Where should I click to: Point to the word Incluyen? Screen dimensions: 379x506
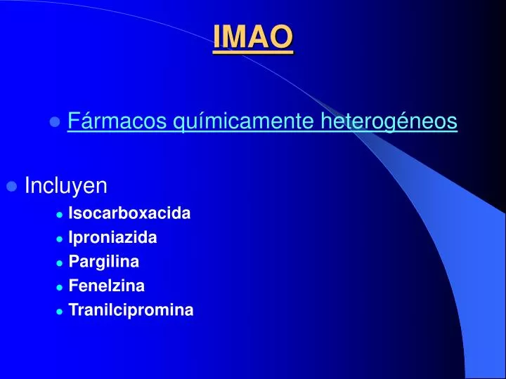(66, 186)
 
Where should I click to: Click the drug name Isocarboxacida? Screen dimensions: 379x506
(129, 213)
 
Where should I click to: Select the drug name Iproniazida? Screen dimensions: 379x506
(112, 237)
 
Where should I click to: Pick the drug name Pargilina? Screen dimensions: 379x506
(104, 262)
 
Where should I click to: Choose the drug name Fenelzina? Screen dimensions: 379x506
(107, 286)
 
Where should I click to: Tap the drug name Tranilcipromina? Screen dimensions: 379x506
(131, 310)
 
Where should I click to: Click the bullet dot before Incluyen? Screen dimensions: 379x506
(11, 187)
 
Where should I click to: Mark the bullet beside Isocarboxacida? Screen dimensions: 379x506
(60, 215)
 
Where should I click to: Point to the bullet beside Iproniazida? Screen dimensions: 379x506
(60, 239)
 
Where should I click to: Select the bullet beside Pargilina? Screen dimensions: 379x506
(60, 262)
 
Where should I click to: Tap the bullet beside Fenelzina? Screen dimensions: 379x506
(60, 287)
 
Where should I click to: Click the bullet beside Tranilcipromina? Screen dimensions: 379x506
(60, 311)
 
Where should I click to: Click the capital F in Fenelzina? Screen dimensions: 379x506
(73, 286)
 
